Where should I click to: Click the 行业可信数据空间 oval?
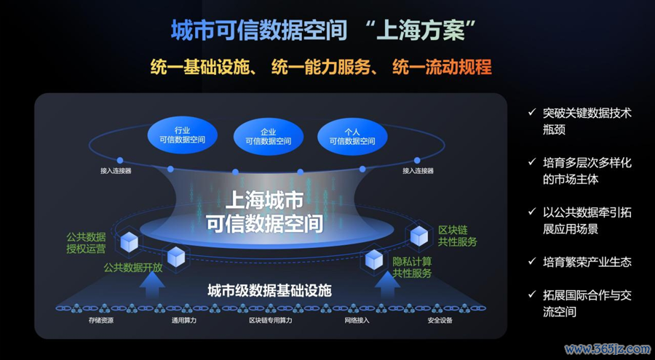(x=183, y=135)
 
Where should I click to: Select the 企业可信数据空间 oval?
(x=268, y=137)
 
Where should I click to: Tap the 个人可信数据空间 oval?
(x=352, y=137)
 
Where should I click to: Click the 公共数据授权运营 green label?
(x=86, y=243)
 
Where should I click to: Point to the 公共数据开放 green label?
(x=133, y=268)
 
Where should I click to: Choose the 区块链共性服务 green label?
(x=457, y=236)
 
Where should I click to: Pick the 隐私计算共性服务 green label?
(x=412, y=268)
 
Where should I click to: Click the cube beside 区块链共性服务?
(x=419, y=236)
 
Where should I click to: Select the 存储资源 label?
(x=100, y=321)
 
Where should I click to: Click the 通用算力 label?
(x=184, y=321)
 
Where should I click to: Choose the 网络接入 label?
(x=357, y=321)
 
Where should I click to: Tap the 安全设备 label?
(x=440, y=321)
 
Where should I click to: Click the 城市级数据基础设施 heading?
(x=270, y=290)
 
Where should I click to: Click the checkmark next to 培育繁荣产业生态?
(x=532, y=261)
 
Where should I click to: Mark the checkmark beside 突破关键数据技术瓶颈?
(x=532, y=112)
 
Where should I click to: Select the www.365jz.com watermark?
(x=608, y=348)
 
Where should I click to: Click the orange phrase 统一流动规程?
(x=442, y=67)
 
